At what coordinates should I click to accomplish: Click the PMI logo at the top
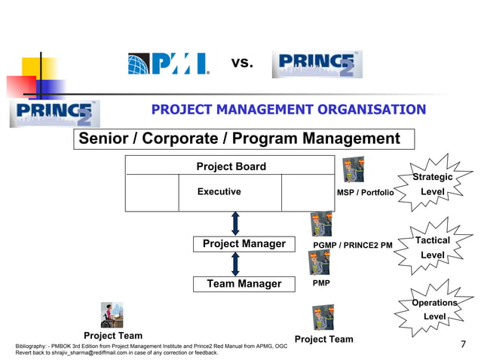click(x=168, y=64)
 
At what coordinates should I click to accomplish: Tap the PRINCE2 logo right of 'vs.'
click(x=317, y=65)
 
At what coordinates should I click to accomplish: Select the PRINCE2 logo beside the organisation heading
click(x=54, y=113)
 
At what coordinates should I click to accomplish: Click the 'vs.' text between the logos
click(x=242, y=63)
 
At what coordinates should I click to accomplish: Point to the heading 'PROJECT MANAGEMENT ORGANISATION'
click(x=289, y=110)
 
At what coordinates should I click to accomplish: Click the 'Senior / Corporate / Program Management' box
click(x=244, y=139)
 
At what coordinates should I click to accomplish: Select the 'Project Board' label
click(x=231, y=166)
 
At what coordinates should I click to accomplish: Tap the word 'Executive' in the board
click(x=219, y=192)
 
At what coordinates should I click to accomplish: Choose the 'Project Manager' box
click(x=244, y=244)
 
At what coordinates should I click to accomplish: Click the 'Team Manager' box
click(x=244, y=284)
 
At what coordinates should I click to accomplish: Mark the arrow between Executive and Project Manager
click(x=235, y=224)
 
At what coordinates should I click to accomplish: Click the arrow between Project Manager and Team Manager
click(x=235, y=264)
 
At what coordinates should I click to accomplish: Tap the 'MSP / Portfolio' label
click(x=365, y=193)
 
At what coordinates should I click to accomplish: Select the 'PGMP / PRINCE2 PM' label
click(x=352, y=245)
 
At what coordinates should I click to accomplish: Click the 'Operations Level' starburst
click(x=434, y=310)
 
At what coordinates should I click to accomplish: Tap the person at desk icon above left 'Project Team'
click(x=112, y=315)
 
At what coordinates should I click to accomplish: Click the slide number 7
click(x=463, y=345)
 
